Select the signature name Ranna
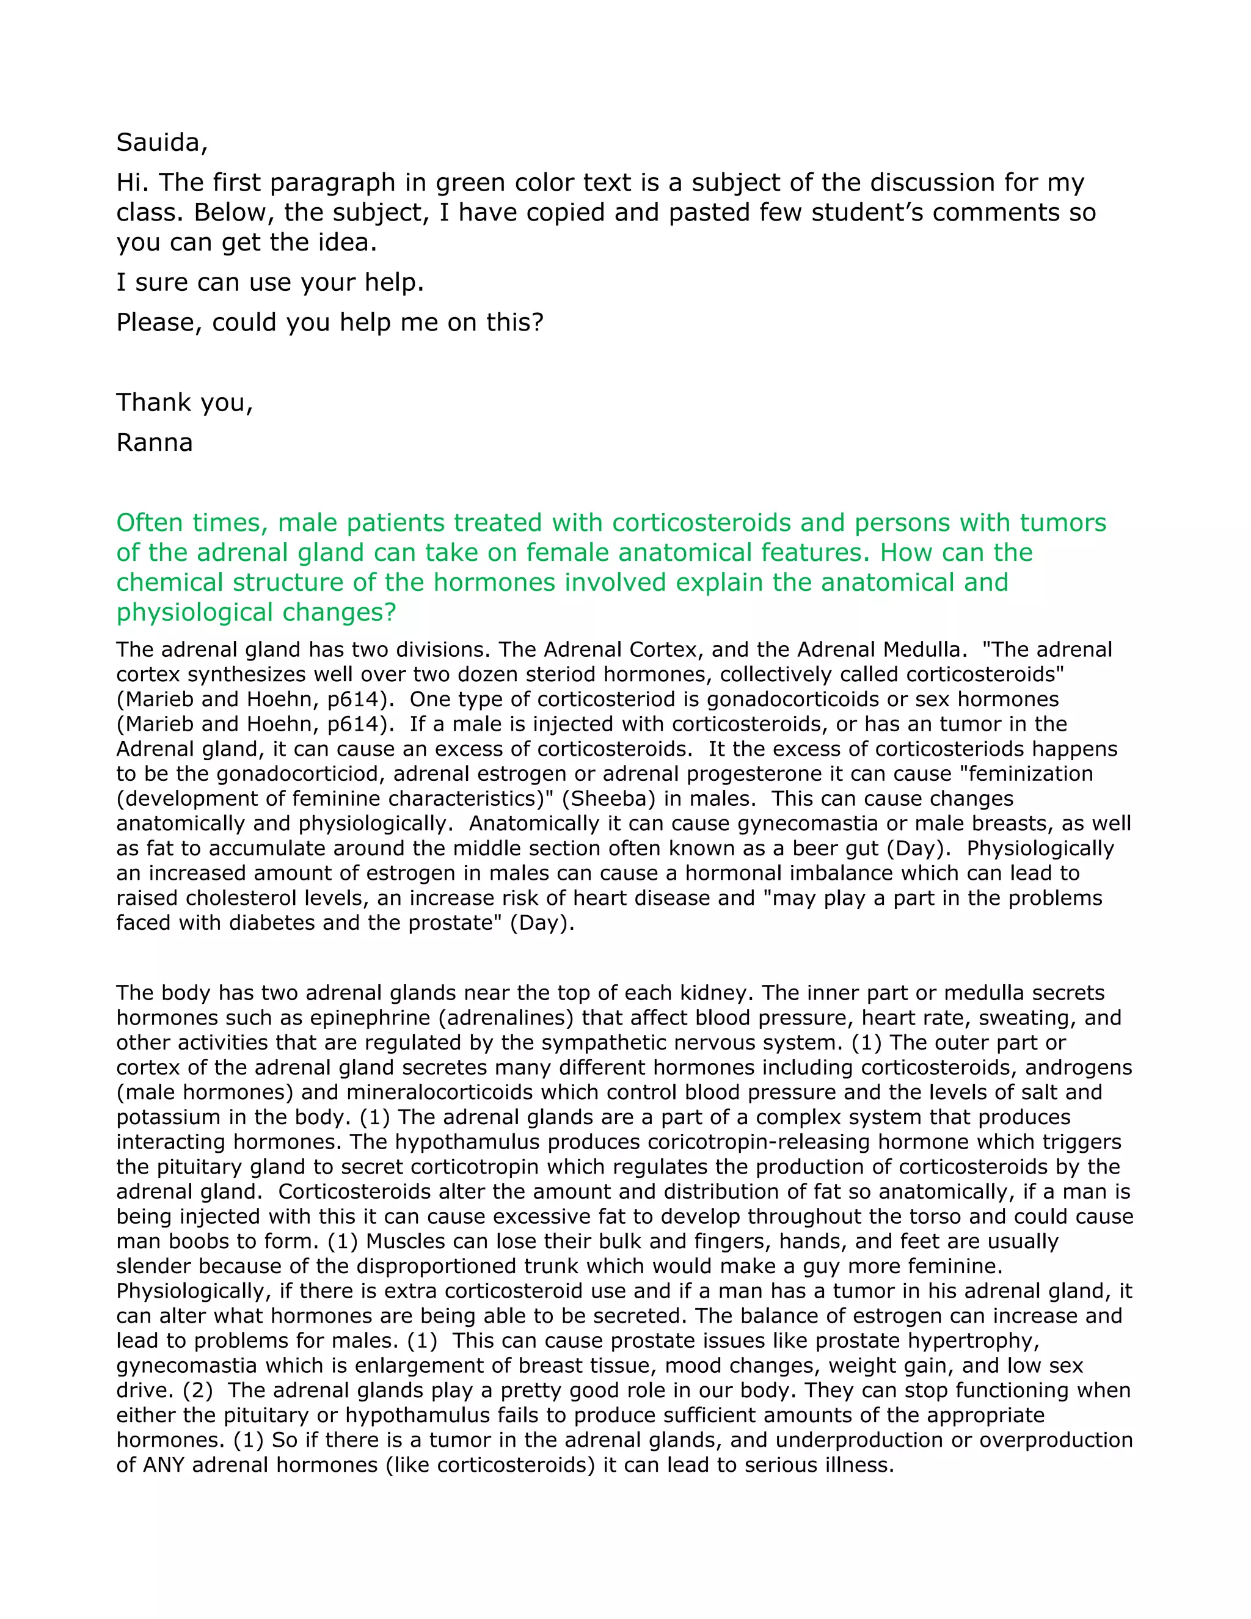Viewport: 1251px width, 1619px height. click(x=154, y=442)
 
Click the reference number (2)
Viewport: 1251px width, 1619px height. click(x=192, y=1390)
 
